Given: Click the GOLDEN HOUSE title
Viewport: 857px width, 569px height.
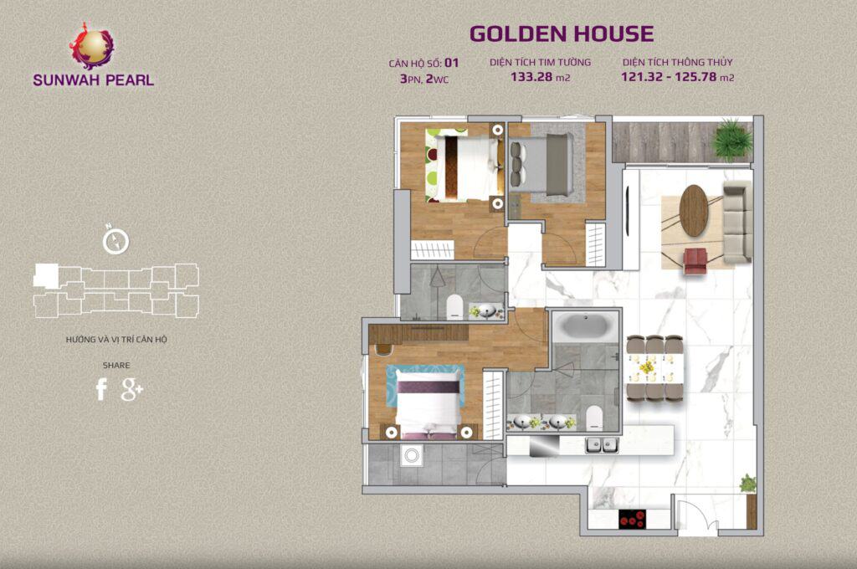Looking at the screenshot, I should click(561, 33).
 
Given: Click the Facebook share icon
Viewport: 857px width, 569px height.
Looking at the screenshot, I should click(101, 389).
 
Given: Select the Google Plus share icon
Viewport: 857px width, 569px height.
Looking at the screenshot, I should click(132, 389).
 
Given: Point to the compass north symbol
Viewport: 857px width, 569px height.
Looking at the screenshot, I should click(115, 240).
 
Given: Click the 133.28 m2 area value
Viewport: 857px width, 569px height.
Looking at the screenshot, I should click(540, 78).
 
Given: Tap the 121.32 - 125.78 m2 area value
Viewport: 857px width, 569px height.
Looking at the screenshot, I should click(677, 78).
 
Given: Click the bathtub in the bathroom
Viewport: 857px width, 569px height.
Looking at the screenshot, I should click(583, 326).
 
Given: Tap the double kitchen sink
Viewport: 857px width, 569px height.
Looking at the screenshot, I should click(601, 444).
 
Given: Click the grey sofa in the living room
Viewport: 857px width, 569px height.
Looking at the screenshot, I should click(736, 222).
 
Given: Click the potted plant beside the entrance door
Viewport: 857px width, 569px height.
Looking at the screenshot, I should click(747, 484).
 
